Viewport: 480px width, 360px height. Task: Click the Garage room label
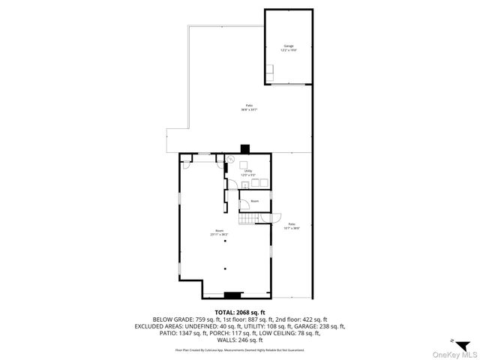coord(289,45)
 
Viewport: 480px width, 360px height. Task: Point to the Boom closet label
coord(254,201)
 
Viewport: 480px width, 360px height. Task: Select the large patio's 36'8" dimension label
coord(249,109)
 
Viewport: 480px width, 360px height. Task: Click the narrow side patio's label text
coord(291,224)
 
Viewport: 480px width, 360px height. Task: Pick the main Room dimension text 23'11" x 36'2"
coord(219,235)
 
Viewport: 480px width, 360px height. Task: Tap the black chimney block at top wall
coord(244,149)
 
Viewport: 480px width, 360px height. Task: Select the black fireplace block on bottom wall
coord(233,295)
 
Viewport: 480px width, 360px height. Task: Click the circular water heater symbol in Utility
coord(232,160)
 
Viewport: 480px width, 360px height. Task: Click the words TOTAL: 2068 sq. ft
coord(240,311)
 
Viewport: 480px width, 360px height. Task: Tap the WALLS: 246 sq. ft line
coord(240,340)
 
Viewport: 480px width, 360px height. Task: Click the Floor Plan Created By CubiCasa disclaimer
coord(240,349)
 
